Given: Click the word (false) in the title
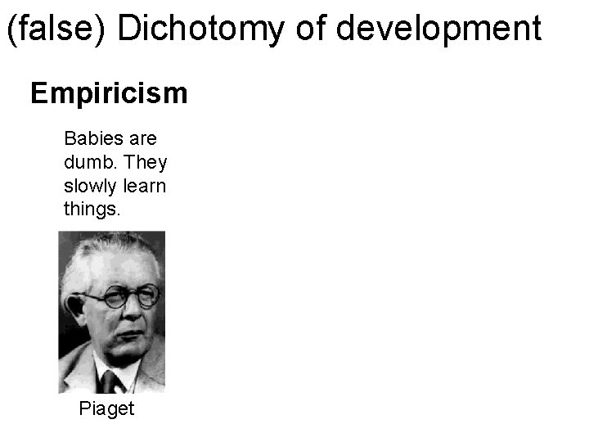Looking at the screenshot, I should (x=56, y=29).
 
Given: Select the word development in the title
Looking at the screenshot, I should (x=438, y=29).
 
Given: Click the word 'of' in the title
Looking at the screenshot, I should (x=312, y=29).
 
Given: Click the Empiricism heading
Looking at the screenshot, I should (x=109, y=94).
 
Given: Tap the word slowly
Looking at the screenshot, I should (x=88, y=186).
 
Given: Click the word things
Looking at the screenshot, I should (x=92, y=210).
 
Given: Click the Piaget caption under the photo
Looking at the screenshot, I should (x=106, y=408).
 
